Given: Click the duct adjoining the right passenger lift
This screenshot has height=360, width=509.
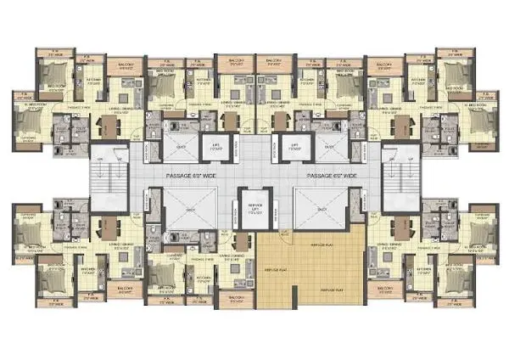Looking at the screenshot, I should click(327, 145).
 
